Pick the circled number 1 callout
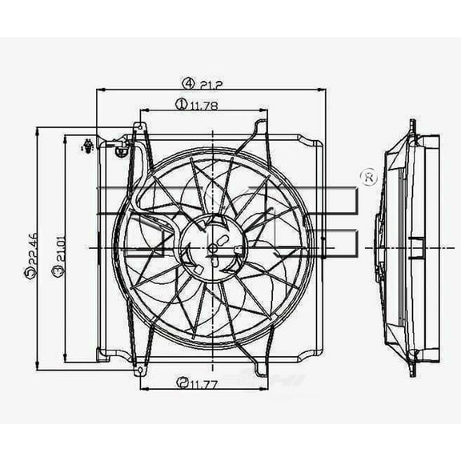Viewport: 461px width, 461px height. [x=181, y=102]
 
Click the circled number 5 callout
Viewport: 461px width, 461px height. [x=30, y=274]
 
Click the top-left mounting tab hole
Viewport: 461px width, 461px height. [x=139, y=127]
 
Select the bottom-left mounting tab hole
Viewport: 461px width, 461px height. [x=140, y=370]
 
